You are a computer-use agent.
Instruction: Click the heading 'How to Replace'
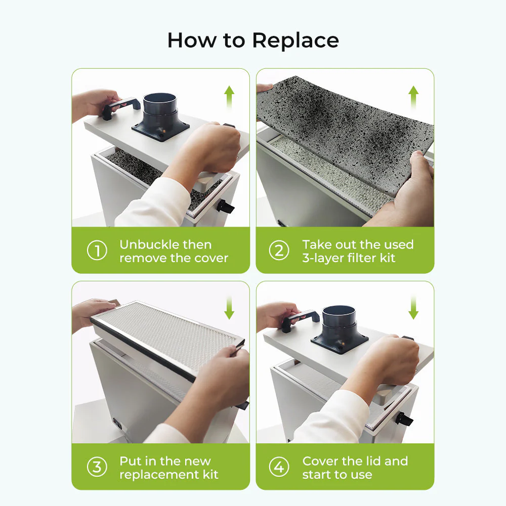point(253,40)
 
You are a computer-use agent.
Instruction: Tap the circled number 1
point(96,251)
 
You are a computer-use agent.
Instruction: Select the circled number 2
point(279,251)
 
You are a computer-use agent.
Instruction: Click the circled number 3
point(96,468)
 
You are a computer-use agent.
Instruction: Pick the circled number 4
point(279,468)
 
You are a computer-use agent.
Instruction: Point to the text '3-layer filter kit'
point(349,258)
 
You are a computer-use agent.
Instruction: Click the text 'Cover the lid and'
point(355,461)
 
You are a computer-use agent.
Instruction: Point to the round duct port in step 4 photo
point(339,321)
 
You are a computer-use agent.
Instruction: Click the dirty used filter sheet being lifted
point(344,126)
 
